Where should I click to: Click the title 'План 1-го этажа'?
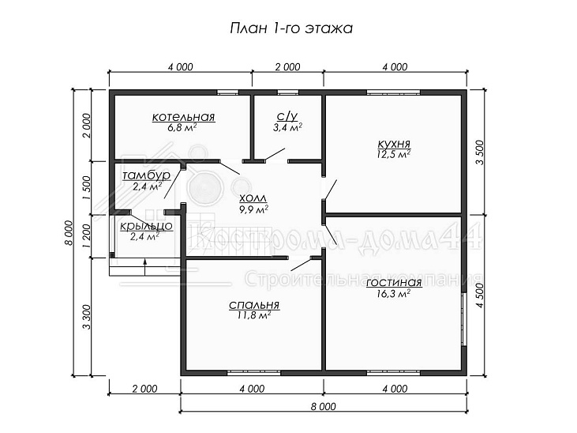click(291, 28)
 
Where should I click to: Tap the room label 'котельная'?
click(183, 117)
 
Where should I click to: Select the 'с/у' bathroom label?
click(287, 116)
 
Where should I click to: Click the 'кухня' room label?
click(394, 144)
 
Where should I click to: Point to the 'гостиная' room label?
click(394, 283)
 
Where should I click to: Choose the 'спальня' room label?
click(254, 305)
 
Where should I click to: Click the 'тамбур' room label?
click(147, 175)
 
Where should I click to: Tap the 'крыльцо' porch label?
click(146, 225)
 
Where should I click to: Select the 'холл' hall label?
click(253, 198)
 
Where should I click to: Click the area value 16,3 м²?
click(393, 294)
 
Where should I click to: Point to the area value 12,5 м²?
click(393, 154)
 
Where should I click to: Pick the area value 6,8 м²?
click(182, 128)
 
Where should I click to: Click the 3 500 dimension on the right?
click(481, 153)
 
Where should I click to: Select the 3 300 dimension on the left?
click(86, 318)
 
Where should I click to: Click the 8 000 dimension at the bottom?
click(323, 406)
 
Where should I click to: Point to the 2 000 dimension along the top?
click(287, 67)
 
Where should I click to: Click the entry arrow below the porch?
click(145, 267)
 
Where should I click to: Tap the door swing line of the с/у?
click(275, 154)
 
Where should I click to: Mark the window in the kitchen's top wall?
click(393, 92)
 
